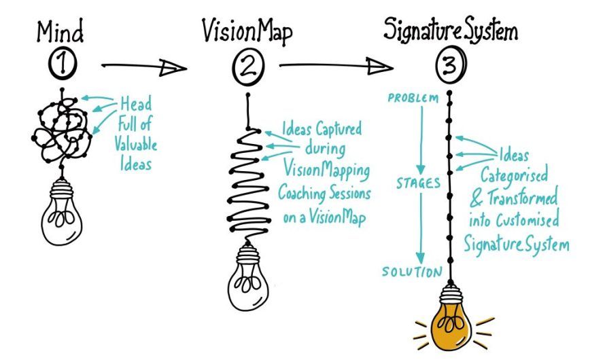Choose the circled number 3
click(x=451, y=67)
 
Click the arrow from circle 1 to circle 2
click(x=143, y=67)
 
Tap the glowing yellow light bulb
click(x=449, y=323)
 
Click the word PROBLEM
click(x=413, y=98)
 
